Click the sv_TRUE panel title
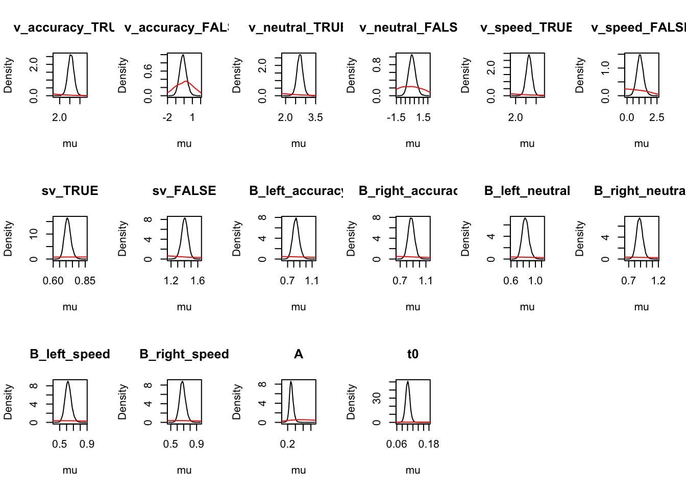(x=70, y=191)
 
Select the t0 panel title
(x=412, y=354)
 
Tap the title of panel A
(x=299, y=354)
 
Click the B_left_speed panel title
(x=70, y=354)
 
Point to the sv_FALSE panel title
(x=184, y=191)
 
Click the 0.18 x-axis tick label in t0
(x=428, y=444)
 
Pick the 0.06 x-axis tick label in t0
(x=397, y=444)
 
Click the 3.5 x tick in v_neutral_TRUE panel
(x=315, y=117)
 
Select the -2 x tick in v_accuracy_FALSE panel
(x=167, y=117)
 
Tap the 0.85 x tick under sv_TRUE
(x=85, y=281)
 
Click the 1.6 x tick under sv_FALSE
(x=198, y=281)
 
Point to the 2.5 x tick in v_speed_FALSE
(x=656, y=117)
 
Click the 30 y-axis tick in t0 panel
(x=377, y=398)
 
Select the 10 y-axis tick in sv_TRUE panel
(x=34, y=234)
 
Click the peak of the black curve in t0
(x=407, y=381)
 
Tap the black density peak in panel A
(x=290, y=381)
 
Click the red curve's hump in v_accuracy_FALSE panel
(x=186, y=81)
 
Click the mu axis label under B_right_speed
(x=184, y=470)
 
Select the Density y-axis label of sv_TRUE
(x=8, y=238)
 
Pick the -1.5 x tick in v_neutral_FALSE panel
(x=396, y=117)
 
